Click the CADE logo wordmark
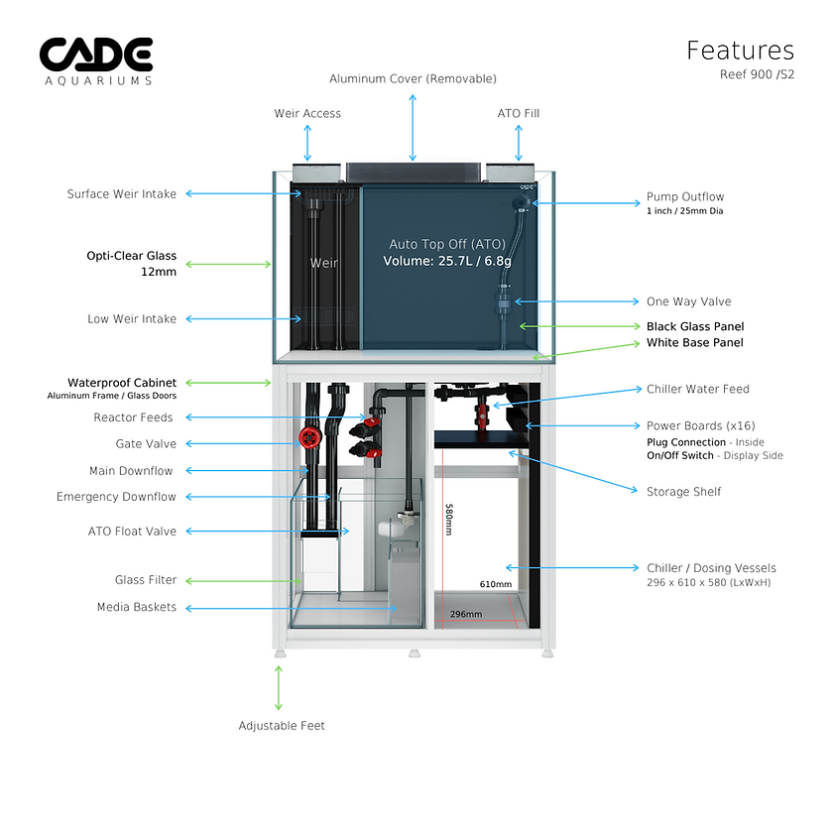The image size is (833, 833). (96, 54)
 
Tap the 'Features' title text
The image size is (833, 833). (740, 51)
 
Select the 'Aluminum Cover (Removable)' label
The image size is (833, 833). (413, 78)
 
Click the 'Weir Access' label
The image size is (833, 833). (307, 113)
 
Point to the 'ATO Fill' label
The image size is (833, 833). (518, 113)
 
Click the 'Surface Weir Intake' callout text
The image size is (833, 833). (121, 194)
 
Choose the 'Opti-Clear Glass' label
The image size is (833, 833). (131, 256)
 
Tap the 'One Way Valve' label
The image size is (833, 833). (688, 301)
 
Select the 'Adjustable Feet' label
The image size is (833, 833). (282, 726)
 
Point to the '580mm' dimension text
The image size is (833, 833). (448, 520)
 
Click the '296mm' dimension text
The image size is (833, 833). (465, 614)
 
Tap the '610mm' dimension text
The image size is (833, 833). (496, 584)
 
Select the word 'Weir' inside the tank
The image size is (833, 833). (323, 263)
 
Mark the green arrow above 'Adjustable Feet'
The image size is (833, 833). (279, 687)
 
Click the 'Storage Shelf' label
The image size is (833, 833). (683, 492)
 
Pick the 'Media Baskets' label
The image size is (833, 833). (137, 607)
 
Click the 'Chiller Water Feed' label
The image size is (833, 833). (697, 390)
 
